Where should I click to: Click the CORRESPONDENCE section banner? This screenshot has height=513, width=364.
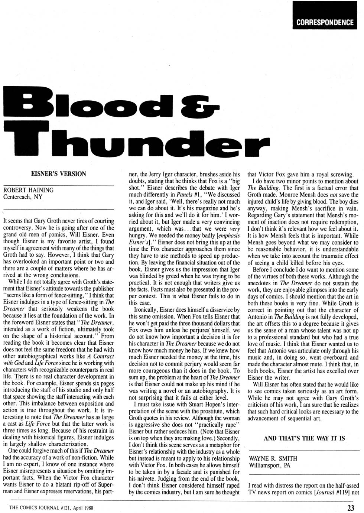[325, 22]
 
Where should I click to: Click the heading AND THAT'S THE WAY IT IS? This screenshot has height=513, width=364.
[304, 438]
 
